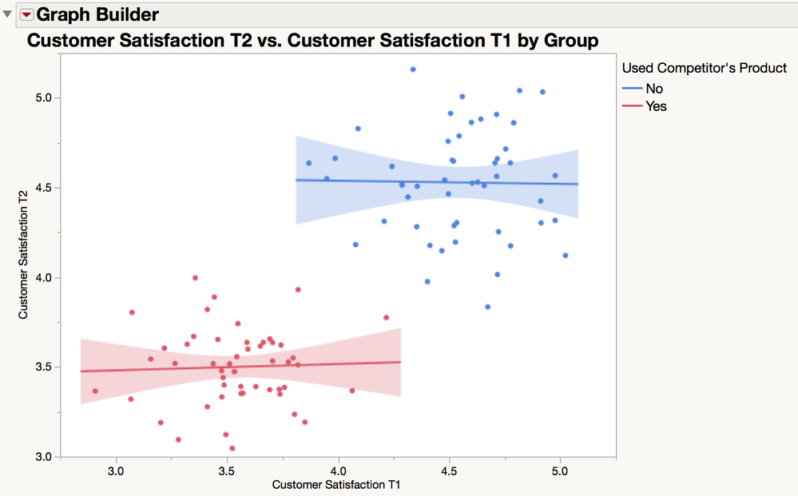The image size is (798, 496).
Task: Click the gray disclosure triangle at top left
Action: click(8, 14)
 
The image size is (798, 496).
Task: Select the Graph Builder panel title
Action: click(97, 14)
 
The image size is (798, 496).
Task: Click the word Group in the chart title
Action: click(573, 40)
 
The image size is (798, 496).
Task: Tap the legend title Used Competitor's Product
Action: click(704, 69)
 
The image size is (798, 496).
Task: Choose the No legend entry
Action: click(654, 89)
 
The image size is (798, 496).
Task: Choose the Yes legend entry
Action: click(656, 106)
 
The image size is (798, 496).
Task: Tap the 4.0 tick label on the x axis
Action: click(339, 471)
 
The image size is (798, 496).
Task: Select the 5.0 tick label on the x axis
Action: click(559, 471)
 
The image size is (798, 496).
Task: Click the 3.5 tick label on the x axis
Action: click(228, 471)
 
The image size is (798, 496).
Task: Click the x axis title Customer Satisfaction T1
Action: click(336, 485)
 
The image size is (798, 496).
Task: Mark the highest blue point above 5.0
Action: click(413, 69)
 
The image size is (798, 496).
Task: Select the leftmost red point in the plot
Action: click(95, 391)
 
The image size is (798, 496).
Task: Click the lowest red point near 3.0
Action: click(232, 448)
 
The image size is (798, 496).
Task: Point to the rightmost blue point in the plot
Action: click(566, 256)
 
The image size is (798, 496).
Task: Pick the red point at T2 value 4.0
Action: click(195, 278)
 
